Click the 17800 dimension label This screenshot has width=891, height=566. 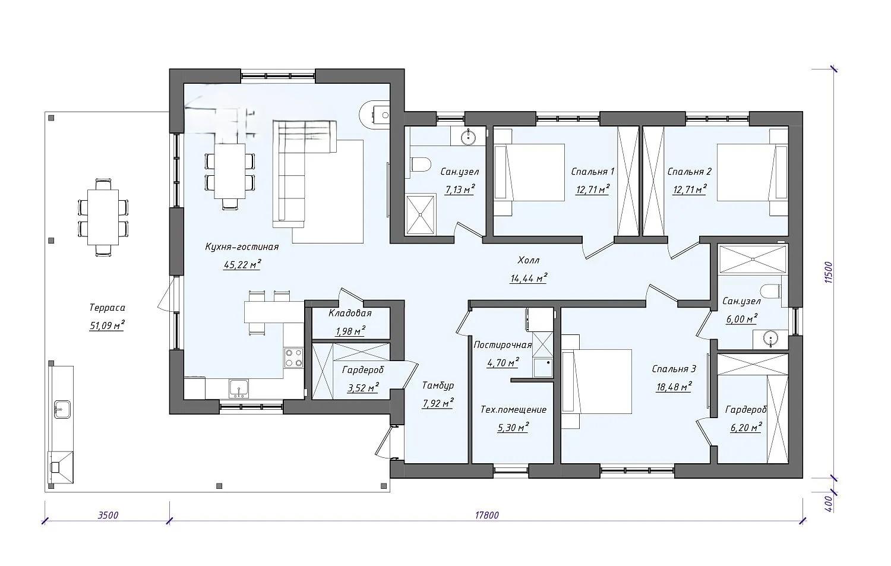(x=486, y=515)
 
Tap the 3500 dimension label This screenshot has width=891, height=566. (x=108, y=515)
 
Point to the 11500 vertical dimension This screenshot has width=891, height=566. (x=829, y=272)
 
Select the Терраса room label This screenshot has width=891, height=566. (x=107, y=308)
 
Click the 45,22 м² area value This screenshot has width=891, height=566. (x=242, y=264)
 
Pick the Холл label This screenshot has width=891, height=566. (x=529, y=260)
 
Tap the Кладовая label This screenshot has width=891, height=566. (x=350, y=313)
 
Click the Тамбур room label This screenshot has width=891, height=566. (x=438, y=385)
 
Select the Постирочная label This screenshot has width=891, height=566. (x=503, y=345)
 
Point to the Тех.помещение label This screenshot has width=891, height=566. (x=513, y=409)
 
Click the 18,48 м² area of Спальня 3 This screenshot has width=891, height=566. (x=674, y=387)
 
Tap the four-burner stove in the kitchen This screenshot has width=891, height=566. (x=293, y=358)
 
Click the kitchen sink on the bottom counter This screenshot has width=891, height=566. (x=239, y=388)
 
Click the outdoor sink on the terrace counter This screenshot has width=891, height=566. (x=62, y=409)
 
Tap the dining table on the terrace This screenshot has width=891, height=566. (x=103, y=218)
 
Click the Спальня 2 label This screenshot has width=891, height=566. (x=689, y=172)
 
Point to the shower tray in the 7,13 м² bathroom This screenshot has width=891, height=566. (x=421, y=214)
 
